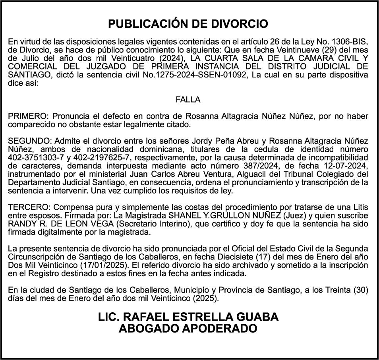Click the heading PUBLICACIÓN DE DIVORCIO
point(188,24)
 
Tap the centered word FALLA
point(188,100)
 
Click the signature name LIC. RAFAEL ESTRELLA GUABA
point(188,317)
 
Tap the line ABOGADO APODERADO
point(188,329)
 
